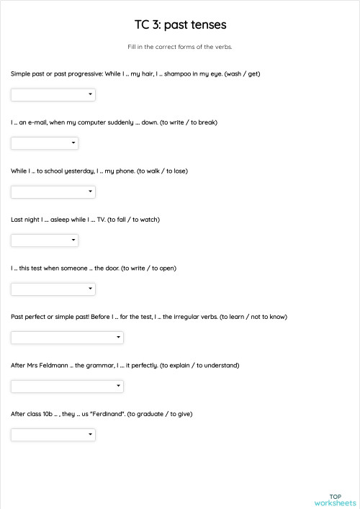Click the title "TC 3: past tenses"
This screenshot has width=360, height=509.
pyautogui.click(x=180, y=25)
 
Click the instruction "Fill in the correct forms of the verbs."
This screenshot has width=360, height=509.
pyautogui.click(x=180, y=47)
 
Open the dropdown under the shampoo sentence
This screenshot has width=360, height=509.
pyautogui.click(x=53, y=94)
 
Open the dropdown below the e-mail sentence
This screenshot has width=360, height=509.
pyautogui.click(x=45, y=143)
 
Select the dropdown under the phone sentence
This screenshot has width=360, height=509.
pyautogui.click(x=53, y=192)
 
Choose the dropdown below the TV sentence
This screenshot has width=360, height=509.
pyautogui.click(x=45, y=240)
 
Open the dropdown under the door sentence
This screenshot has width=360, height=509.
pyautogui.click(x=53, y=289)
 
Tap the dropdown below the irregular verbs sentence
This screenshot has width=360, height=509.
pyautogui.click(x=67, y=338)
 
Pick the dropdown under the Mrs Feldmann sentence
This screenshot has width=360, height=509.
pyautogui.click(x=67, y=386)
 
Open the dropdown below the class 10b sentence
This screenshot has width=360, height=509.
pyautogui.click(x=53, y=435)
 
